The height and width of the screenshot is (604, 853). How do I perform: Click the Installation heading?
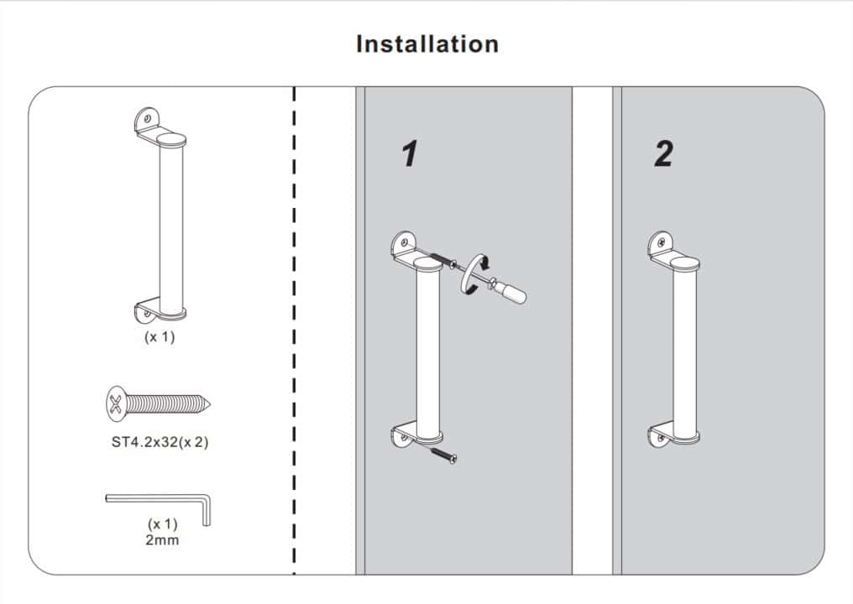click(x=427, y=44)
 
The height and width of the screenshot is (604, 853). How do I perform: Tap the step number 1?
click(x=410, y=154)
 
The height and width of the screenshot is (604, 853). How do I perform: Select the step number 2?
click(x=664, y=154)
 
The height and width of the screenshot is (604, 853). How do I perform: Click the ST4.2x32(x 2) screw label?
click(x=160, y=442)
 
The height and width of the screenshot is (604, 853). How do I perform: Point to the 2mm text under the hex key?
click(x=162, y=540)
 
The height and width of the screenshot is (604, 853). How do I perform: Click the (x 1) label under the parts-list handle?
click(x=160, y=337)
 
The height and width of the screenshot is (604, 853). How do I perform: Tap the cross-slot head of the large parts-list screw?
click(x=116, y=404)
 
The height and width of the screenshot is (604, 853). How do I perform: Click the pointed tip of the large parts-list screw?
click(x=209, y=404)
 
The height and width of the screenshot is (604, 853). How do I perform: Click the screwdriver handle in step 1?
click(x=511, y=293)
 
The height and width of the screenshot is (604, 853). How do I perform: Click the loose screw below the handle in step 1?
click(x=444, y=456)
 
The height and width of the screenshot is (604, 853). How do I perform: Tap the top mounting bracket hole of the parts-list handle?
click(x=148, y=118)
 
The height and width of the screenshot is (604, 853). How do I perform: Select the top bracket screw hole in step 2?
click(x=662, y=242)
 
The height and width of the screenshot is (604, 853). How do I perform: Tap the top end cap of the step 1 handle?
click(x=428, y=263)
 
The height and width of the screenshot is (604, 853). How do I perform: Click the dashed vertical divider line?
click(x=295, y=330)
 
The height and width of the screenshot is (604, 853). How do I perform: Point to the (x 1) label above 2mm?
click(x=163, y=524)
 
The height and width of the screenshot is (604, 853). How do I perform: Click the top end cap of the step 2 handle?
click(x=685, y=263)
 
